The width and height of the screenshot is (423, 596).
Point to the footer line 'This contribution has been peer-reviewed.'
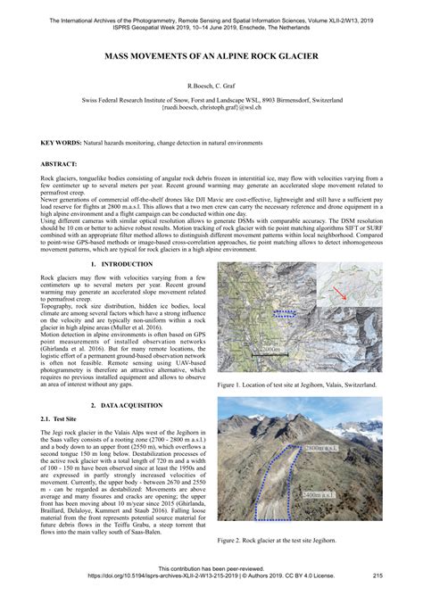211,568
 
